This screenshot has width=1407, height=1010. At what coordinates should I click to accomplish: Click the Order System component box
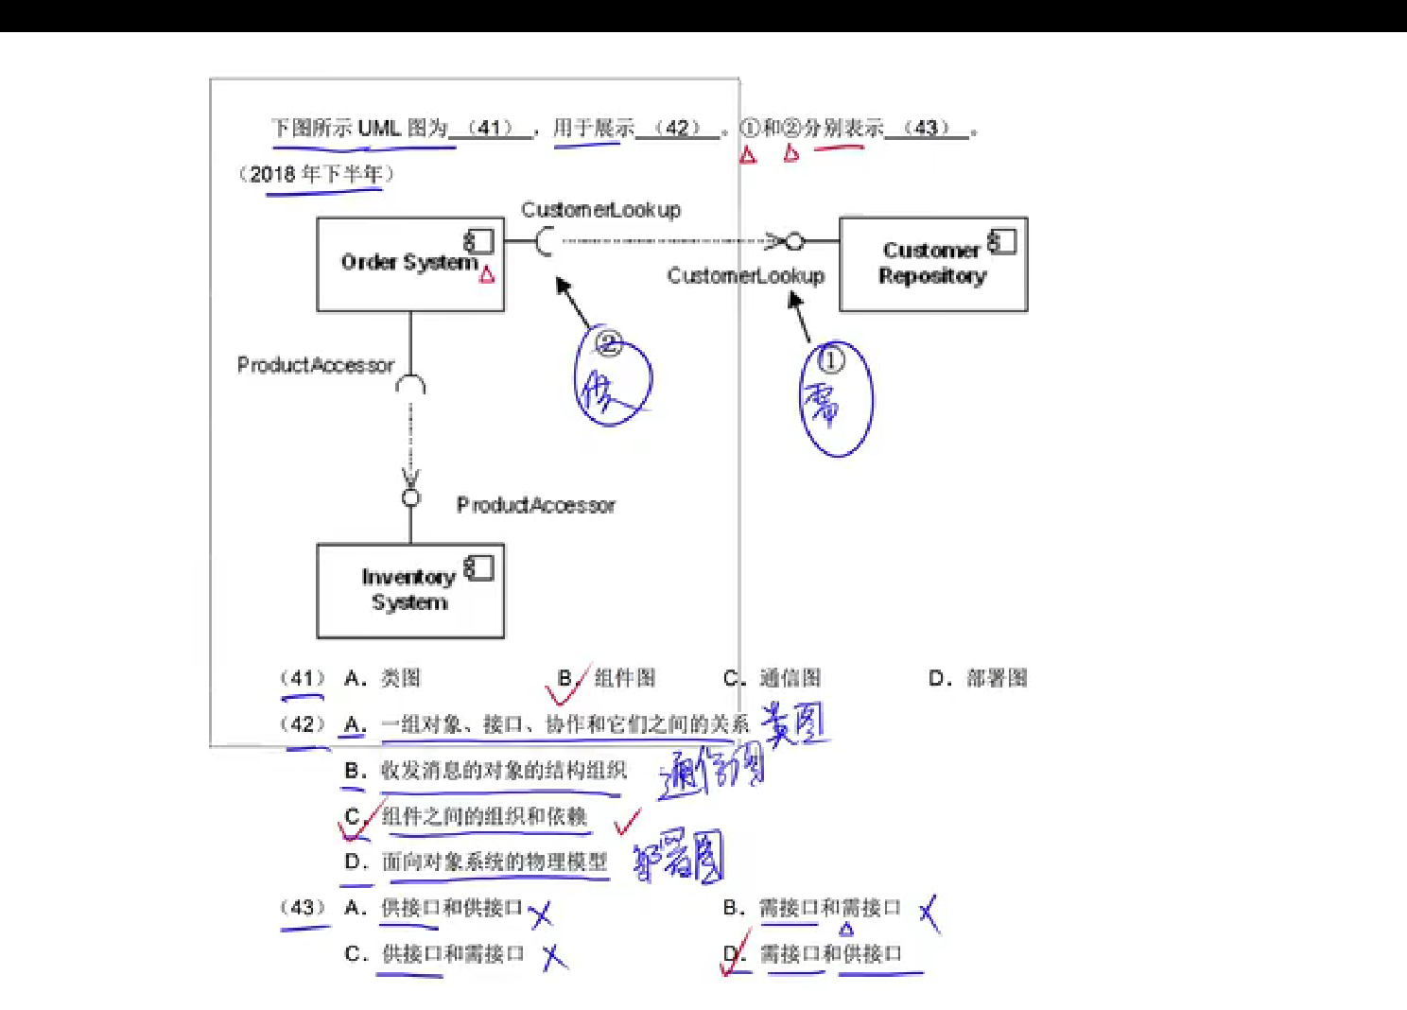click(x=409, y=264)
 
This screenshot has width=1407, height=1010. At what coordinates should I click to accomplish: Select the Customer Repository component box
click(x=932, y=264)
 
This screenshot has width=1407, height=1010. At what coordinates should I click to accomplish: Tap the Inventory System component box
click(x=409, y=590)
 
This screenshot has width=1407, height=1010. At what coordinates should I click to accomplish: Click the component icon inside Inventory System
click(x=479, y=568)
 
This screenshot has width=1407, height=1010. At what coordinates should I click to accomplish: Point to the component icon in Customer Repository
click(x=1002, y=242)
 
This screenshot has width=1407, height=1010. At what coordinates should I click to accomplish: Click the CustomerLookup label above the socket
click(x=600, y=210)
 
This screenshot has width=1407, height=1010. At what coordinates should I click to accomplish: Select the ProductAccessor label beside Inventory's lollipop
click(x=535, y=505)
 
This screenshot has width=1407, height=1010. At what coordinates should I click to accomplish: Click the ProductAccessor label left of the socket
click(x=315, y=365)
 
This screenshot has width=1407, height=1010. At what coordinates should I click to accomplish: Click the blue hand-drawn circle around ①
click(x=835, y=399)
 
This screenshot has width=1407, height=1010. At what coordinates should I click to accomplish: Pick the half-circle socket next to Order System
click(x=544, y=242)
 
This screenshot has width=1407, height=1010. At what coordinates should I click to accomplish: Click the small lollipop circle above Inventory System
click(x=410, y=497)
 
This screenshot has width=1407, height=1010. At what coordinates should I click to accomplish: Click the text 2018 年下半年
click(x=317, y=174)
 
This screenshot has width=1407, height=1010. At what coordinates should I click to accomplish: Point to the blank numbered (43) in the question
click(x=927, y=129)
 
